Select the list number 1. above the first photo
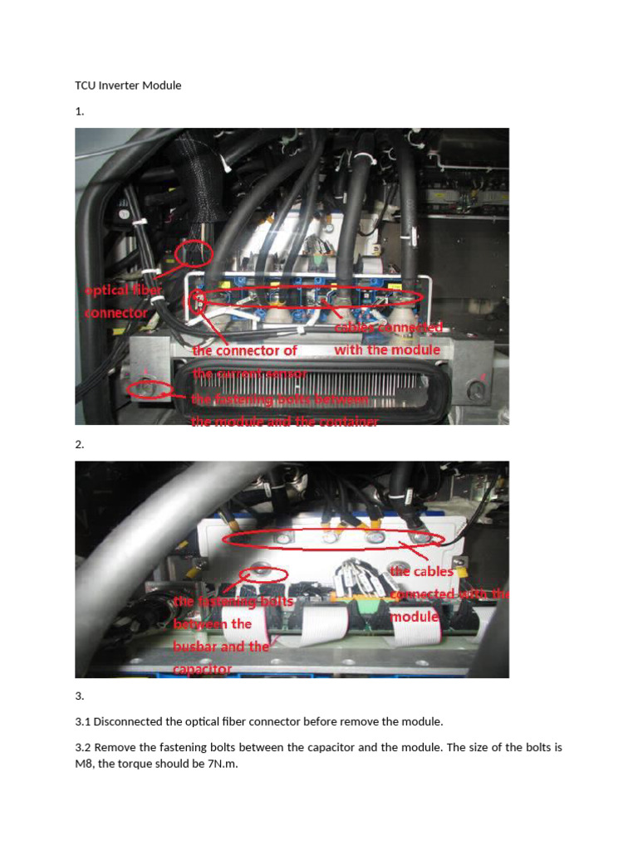click(x=79, y=111)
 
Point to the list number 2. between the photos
click(x=80, y=445)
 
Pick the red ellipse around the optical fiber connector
click(x=195, y=253)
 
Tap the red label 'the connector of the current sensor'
click(x=246, y=362)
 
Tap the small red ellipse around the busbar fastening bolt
click(x=263, y=574)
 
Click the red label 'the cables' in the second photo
click(x=422, y=571)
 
